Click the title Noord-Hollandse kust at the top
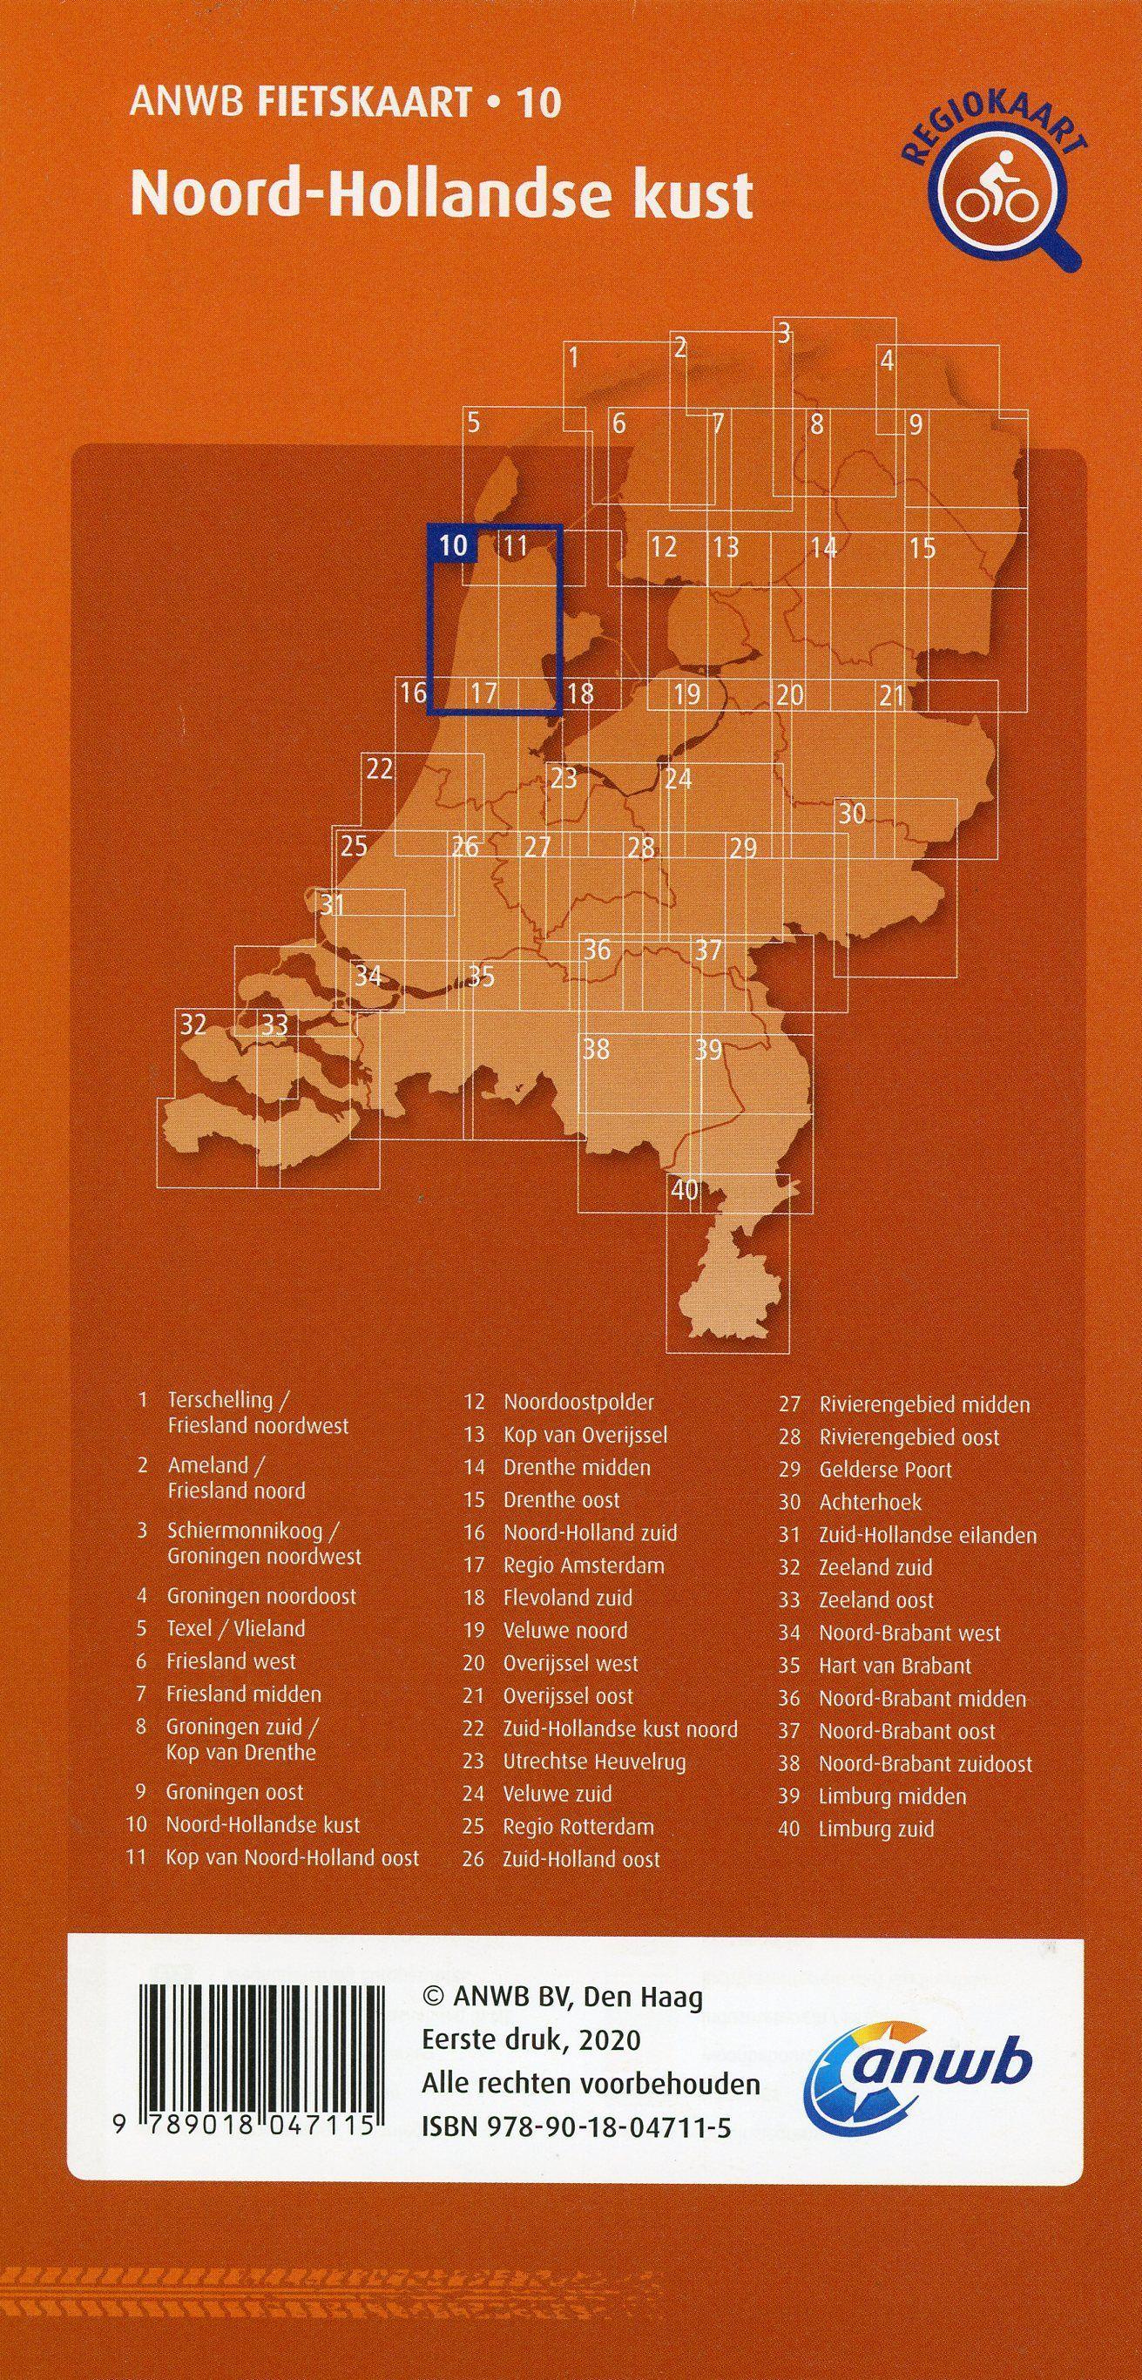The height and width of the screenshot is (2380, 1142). (442, 195)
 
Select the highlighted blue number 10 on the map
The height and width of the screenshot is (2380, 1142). (453, 545)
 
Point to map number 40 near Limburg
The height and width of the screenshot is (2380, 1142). (685, 1189)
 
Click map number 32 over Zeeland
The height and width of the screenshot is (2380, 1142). (193, 1024)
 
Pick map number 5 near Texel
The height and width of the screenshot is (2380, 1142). (473, 423)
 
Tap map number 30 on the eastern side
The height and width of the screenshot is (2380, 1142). (852, 813)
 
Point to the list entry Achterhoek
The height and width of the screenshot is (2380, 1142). (869, 1502)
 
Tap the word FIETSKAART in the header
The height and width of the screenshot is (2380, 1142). (364, 103)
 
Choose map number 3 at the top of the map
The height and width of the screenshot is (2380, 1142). (783, 333)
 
